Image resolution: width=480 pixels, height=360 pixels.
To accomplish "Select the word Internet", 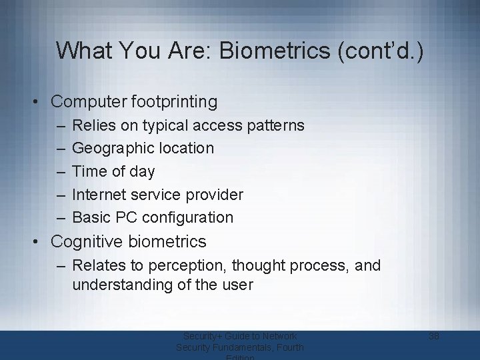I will click(98, 195).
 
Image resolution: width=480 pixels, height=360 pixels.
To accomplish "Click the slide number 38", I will click(434, 336).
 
